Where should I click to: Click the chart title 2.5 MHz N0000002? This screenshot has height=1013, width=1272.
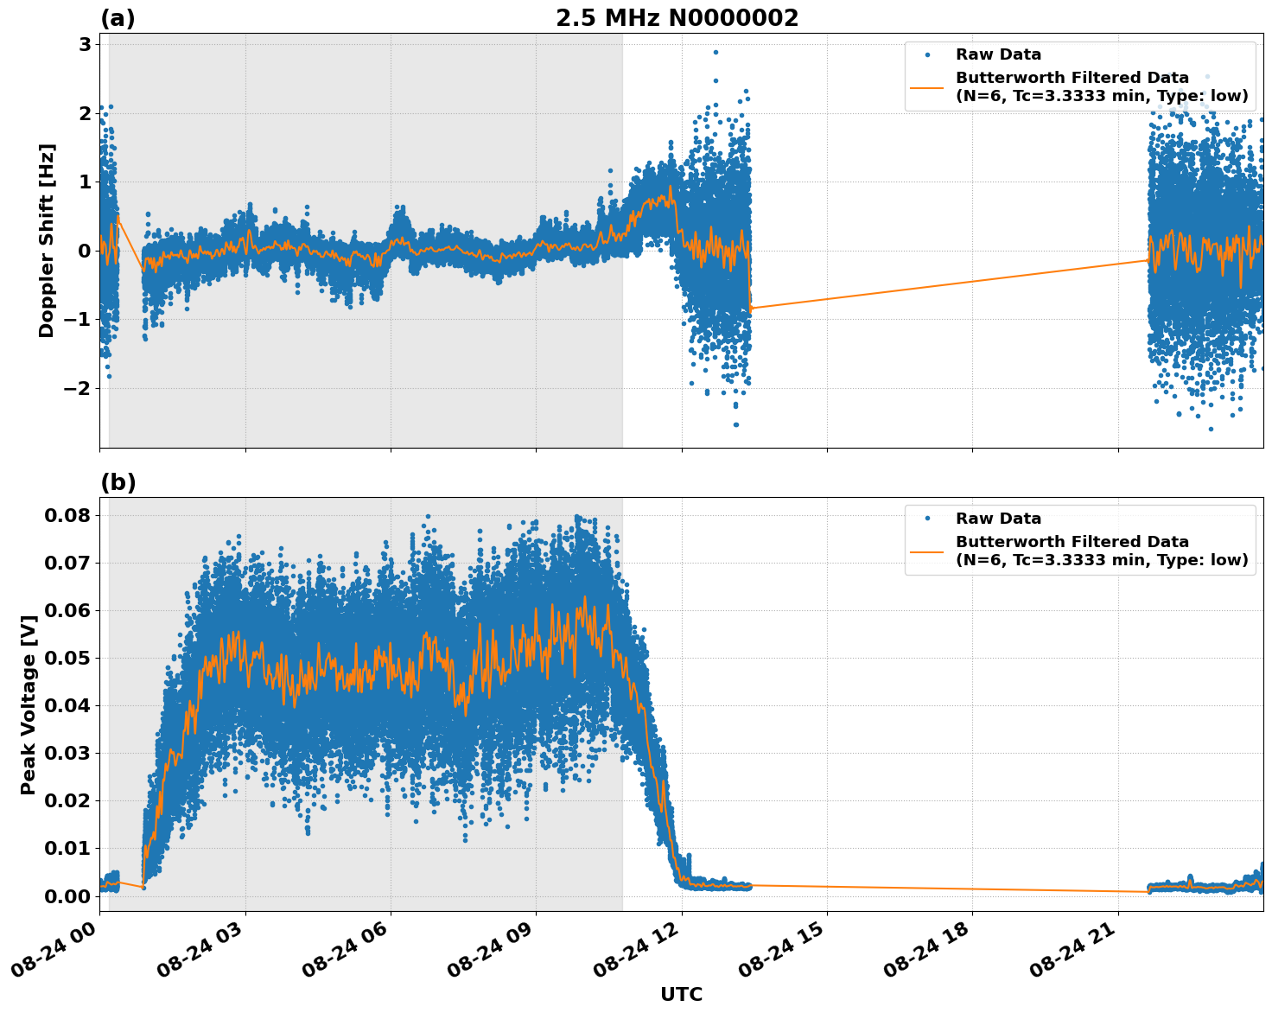coord(677,18)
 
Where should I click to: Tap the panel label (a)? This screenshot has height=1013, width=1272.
coord(118,18)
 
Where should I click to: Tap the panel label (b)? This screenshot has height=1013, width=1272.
coord(118,482)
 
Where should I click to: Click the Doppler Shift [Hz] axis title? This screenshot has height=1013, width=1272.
coord(47,240)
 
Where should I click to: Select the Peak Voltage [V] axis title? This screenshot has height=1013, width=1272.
coord(29,704)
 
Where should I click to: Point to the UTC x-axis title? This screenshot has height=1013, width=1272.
coord(681,994)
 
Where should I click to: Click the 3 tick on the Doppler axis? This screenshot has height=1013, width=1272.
coord(85,45)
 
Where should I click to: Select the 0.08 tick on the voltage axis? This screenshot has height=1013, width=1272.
coord(67,515)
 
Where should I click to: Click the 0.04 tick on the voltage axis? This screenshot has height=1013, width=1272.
coord(67,705)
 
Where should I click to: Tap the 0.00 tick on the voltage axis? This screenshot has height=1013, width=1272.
coord(67,895)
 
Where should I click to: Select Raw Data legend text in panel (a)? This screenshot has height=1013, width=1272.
coord(998,55)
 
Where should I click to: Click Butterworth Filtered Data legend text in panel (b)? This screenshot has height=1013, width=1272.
coord(1072,542)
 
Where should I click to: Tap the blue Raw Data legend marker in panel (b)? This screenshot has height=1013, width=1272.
coord(927,519)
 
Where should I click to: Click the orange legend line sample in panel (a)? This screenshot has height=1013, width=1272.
coord(927,86)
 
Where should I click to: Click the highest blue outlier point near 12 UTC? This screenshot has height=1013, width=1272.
coord(715,52)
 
